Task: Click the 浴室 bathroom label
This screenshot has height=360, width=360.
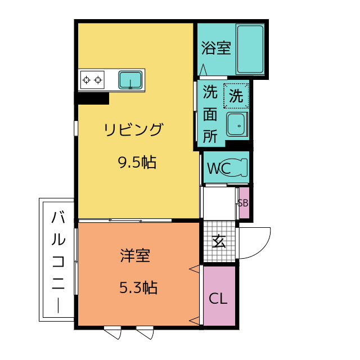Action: tap(216, 48)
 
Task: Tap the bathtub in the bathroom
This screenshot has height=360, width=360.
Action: tap(250, 49)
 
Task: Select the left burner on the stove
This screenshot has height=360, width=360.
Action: tap(86, 80)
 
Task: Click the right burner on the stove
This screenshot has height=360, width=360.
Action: tap(98, 80)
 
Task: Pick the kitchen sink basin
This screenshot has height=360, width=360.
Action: tap(130, 80)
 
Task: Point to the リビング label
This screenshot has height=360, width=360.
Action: tap(134, 130)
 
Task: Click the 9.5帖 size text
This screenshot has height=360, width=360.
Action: tap(137, 163)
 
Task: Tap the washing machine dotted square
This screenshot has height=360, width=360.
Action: tap(236, 96)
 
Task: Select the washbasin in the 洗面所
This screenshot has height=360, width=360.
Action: tap(237, 124)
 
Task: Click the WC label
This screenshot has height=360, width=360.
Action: tap(219, 169)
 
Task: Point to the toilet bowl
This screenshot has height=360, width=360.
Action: tap(235, 167)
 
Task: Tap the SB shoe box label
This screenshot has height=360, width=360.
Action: tap(243, 203)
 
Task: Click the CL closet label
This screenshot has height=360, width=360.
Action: tap(218, 299)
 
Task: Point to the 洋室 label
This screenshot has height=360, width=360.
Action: tap(135, 255)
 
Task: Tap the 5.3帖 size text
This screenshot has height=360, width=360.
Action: tap(138, 287)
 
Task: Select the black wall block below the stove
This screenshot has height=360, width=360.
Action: tap(92, 98)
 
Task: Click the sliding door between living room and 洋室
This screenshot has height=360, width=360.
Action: tap(125, 220)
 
